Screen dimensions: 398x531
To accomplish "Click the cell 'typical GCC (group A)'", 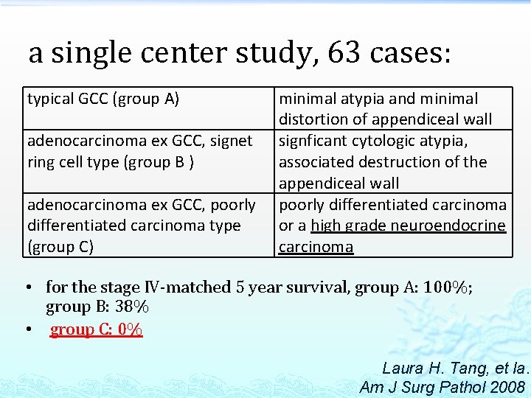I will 103,99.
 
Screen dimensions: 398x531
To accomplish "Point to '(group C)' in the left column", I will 60,247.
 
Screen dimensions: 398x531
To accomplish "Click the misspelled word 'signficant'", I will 315,141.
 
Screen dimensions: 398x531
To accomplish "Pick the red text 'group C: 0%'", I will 96,330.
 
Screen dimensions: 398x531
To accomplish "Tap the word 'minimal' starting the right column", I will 307,99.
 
